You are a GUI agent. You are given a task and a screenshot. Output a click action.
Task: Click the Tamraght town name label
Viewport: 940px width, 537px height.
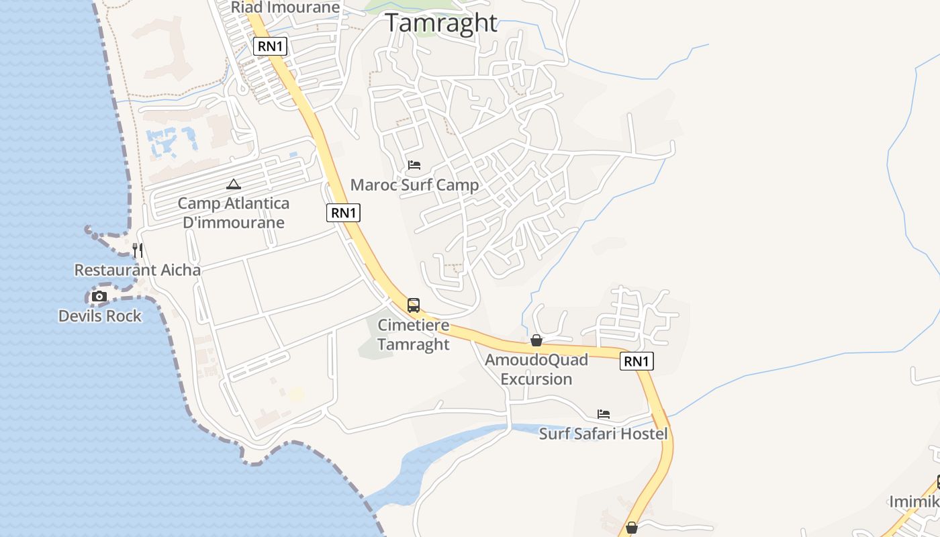pyautogui.click(x=441, y=23)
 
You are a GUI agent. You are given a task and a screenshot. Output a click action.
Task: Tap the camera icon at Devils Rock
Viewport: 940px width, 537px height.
pyautogui.click(x=99, y=296)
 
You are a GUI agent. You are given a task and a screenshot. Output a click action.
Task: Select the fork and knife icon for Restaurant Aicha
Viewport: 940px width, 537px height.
pyautogui.click(x=137, y=250)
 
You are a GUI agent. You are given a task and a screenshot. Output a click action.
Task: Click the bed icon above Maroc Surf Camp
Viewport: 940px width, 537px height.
pyautogui.click(x=414, y=165)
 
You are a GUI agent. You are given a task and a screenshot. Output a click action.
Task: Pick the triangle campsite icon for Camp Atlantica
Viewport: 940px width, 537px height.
pyautogui.click(x=234, y=184)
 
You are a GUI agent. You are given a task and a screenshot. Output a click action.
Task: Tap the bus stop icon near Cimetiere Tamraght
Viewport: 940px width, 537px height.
pyautogui.click(x=414, y=305)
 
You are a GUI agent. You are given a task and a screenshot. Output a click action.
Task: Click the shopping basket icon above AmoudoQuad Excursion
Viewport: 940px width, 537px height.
pyautogui.click(x=536, y=340)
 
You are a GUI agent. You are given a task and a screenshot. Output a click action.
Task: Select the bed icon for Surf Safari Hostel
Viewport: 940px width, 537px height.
pyautogui.click(x=604, y=414)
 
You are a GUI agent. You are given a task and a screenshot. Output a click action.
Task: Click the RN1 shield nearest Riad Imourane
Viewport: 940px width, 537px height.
pyautogui.click(x=271, y=46)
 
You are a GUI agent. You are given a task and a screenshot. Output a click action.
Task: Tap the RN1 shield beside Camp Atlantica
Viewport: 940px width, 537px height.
pyautogui.click(x=343, y=213)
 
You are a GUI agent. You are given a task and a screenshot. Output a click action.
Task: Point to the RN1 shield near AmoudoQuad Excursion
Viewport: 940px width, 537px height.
pyautogui.click(x=636, y=361)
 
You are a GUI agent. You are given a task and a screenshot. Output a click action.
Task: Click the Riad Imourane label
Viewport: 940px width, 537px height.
pyautogui.click(x=285, y=7)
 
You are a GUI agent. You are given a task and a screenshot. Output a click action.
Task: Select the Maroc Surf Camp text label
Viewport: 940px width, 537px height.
pyautogui.click(x=415, y=185)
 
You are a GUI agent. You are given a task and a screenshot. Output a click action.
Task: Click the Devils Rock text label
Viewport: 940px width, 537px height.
pyautogui.click(x=100, y=315)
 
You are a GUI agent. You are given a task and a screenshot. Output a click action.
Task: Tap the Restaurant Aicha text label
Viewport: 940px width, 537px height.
pyautogui.click(x=137, y=270)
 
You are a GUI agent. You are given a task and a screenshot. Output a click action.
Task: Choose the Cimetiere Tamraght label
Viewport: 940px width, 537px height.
pyautogui.click(x=413, y=334)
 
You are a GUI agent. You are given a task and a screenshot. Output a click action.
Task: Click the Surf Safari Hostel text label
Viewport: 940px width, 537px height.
pyautogui.click(x=603, y=434)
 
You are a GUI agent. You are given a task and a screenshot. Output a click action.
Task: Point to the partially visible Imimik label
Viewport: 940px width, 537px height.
pyautogui.click(x=914, y=501)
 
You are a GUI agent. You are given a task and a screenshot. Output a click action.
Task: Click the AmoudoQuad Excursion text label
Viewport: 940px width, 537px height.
pyautogui.click(x=536, y=369)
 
